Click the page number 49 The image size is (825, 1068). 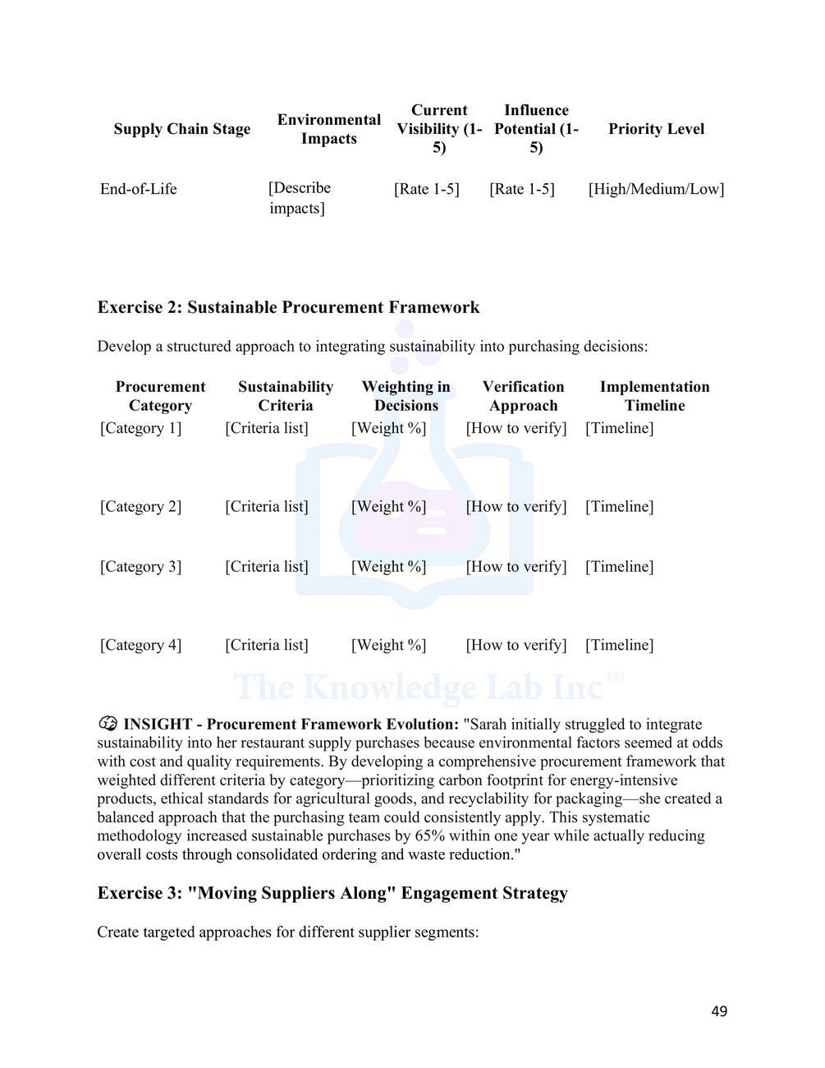(718, 1011)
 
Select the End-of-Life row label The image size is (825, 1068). (139, 189)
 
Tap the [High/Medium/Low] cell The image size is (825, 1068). (656, 189)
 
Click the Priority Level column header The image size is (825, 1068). (656, 129)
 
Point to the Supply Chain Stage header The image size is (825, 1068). (182, 129)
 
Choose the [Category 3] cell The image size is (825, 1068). (140, 567)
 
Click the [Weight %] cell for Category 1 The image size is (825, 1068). (388, 428)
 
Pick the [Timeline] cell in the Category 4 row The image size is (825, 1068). (619, 645)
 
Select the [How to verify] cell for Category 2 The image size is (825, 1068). (516, 507)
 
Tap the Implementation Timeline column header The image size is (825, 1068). (654, 396)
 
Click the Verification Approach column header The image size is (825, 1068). (523, 396)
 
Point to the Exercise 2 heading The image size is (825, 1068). (288, 307)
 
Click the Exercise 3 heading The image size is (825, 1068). (332, 893)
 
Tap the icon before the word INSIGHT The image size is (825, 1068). (108, 724)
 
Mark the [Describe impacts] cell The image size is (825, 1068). (299, 198)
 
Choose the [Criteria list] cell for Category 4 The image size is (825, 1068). (267, 645)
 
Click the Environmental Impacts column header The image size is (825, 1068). (328, 129)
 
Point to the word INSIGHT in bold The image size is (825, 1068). (158, 725)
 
